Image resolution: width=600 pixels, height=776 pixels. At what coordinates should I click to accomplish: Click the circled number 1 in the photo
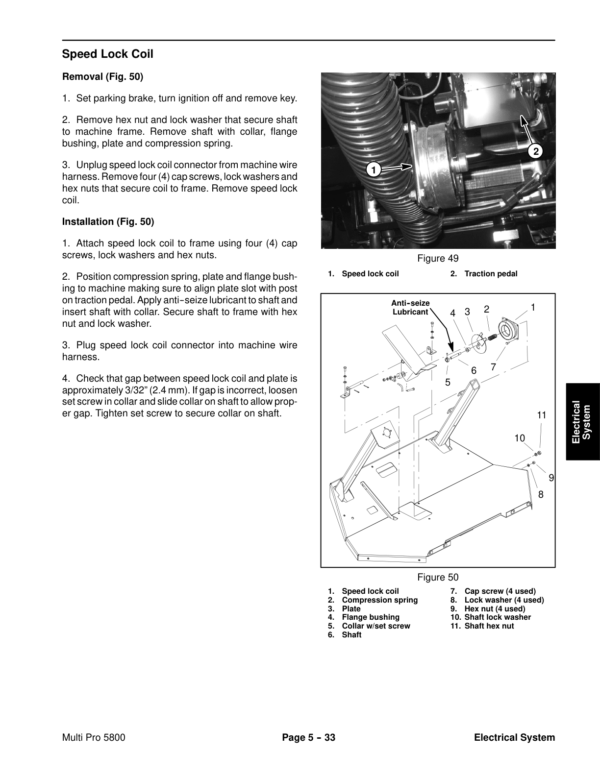pos(371,169)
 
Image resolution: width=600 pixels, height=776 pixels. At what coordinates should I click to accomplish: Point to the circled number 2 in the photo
pos(535,152)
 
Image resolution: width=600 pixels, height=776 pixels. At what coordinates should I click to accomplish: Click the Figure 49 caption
pos(437,259)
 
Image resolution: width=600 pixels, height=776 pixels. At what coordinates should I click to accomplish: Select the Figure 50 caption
pos(437,577)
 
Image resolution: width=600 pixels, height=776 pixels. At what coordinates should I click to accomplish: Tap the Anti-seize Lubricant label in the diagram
pos(410,307)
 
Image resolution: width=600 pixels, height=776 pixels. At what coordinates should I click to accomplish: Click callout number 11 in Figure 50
pos(541,414)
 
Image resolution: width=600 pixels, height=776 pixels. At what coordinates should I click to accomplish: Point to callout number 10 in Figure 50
pos(520,438)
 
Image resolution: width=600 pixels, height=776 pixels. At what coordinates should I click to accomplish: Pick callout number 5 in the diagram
pos(448,382)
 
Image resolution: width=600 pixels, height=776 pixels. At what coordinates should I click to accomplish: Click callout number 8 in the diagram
pos(540,494)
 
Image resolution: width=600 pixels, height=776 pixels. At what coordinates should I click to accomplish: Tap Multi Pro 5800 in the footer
pos(93,738)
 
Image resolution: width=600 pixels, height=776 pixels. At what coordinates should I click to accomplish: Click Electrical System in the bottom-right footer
pos(514,738)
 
